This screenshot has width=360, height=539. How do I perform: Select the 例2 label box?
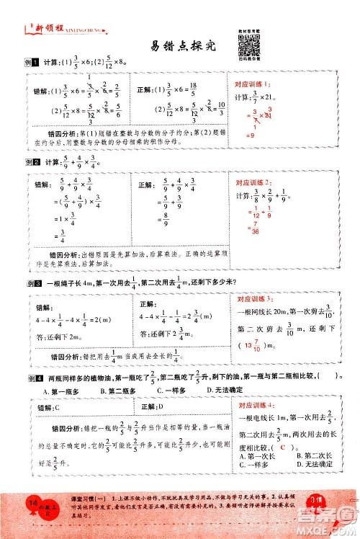(30, 163)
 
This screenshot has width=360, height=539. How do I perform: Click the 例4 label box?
(30, 376)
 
